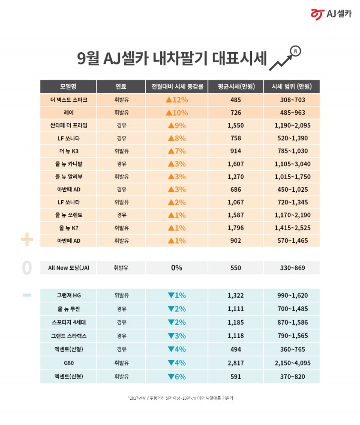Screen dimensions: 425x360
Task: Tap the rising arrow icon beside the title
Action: point(285,58)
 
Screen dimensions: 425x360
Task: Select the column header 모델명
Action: point(67,86)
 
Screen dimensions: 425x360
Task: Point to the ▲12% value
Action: point(176,99)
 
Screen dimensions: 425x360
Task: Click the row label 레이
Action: point(67,113)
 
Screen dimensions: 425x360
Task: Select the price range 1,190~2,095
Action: point(292,126)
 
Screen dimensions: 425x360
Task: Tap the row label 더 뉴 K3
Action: point(67,151)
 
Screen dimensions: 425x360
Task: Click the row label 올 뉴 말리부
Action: point(67,176)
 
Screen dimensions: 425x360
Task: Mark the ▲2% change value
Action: point(176,202)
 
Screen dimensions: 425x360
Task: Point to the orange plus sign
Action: point(27,240)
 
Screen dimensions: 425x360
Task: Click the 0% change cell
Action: point(176,268)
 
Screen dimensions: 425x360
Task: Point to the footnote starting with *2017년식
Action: point(180,398)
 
